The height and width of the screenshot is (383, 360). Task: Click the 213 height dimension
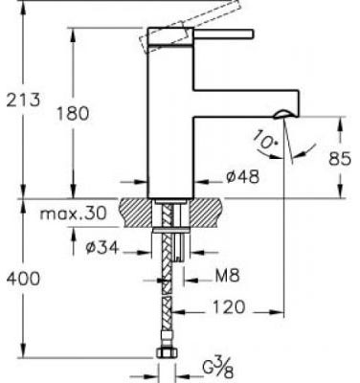23,100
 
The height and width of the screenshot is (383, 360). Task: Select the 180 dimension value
73,113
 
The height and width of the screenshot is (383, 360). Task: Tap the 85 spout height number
340,158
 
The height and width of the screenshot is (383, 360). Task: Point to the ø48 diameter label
242,176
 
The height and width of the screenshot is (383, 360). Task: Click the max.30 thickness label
73,213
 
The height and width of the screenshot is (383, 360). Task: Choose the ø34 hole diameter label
102,247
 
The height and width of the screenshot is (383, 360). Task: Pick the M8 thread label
227,276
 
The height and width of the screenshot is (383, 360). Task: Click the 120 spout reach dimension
229,306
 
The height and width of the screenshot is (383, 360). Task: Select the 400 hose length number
23,279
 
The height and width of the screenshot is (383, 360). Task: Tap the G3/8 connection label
218,369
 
